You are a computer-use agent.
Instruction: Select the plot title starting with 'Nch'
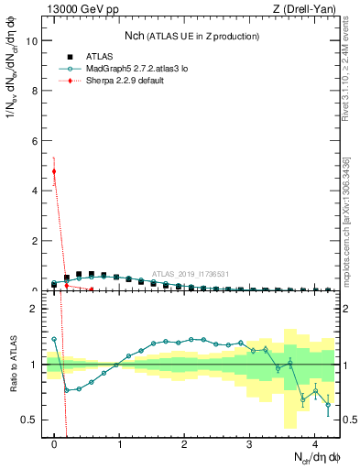tap(192, 36)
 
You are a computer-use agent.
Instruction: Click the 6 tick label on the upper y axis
tap(36, 141)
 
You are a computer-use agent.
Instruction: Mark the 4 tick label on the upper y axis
tap(36, 191)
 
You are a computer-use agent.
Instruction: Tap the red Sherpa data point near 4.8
tap(54, 171)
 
